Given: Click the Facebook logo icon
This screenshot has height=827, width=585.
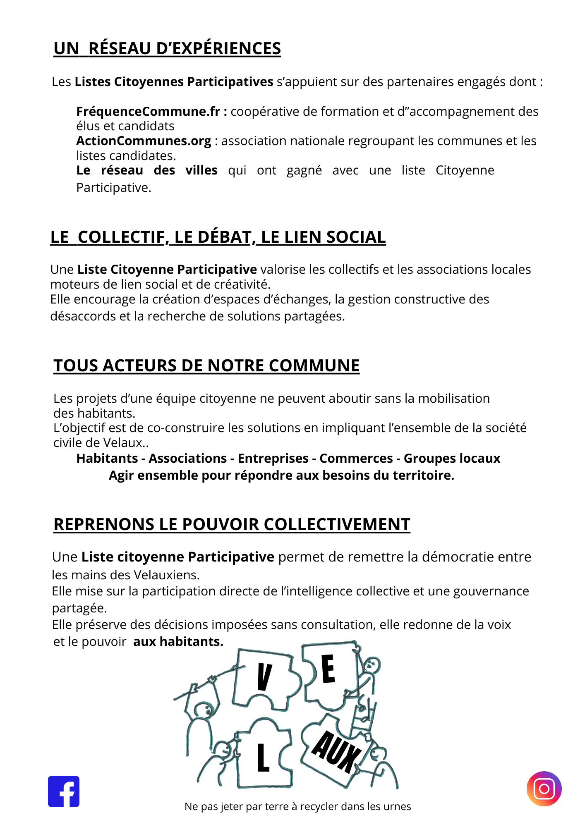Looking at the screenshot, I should click(x=64, y=791).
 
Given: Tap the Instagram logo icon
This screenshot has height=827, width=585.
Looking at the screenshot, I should click(x=544, y=789).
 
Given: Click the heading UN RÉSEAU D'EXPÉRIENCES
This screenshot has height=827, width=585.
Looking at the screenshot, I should click(x=167, y=48).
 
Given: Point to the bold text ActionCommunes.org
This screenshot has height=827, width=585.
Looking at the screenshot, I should click(x=144, y=141).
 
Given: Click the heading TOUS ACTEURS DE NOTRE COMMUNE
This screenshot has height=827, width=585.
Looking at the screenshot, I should click(x=206, y=366).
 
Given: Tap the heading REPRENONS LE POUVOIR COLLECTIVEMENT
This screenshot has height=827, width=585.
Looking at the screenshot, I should click(x=232, y=524).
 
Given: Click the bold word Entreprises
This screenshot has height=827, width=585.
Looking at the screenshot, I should click(x=273, y=458).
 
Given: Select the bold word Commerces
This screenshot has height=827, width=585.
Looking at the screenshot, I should click(x=356, y=458).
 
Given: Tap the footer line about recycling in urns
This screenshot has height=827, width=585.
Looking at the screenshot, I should click(x=297, y=806).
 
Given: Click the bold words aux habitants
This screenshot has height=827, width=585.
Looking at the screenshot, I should click(x=178, y=641).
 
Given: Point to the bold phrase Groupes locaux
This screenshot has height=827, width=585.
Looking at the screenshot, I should click(x=452, y=458).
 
